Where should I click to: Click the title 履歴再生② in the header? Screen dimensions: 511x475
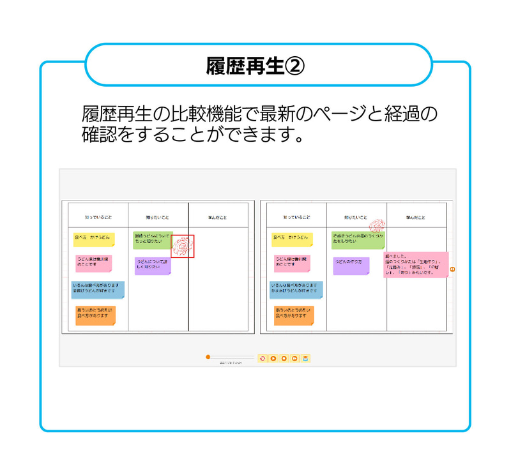tap(256, 65)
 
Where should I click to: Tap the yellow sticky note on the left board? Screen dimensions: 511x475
tap(94, 239)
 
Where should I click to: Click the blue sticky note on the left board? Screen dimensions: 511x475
tap(98, 289)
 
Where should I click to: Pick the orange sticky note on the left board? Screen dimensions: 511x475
tap(95, 315)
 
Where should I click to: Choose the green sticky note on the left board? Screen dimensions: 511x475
tap(152, 240)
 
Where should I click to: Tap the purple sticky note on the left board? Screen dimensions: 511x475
tap(153, 266)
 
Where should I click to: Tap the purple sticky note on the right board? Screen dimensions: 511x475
tap(351, 266)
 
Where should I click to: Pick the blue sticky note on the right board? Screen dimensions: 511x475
tap(296, 289)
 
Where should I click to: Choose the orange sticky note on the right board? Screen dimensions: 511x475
tap(294, 315)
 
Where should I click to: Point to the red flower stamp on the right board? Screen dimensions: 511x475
tap(378, 225)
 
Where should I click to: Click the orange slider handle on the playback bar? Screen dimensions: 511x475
tap(208, 357)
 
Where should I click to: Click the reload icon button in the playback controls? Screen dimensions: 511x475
tap(262, 359)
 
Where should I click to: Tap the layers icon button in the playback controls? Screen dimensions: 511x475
tap(306, 359)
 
